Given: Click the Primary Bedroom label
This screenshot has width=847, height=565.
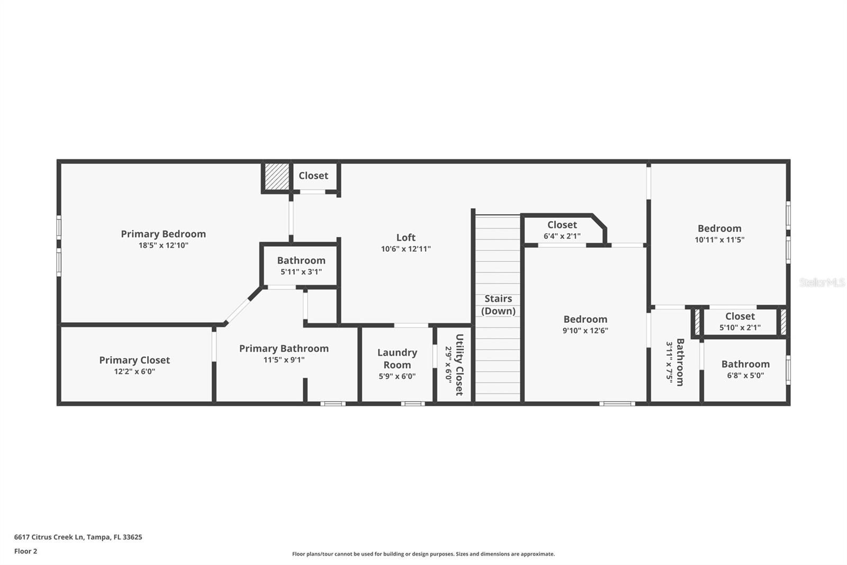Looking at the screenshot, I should click(x=163, y=234).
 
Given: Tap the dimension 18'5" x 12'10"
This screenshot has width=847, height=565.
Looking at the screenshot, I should click(x=163, y=245).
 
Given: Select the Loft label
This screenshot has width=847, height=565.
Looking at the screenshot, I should click(x=406, y=237).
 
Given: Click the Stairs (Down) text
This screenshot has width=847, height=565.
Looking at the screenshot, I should click(x=498, y=305).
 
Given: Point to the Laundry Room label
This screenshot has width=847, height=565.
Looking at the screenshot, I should click(x=397, y=358).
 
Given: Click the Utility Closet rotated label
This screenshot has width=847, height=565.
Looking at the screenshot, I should click(x=459, y=365).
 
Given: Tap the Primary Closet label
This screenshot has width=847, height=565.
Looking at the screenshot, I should click(x=134, y=360).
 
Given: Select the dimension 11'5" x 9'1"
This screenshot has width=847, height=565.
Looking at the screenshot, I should click(x=284, y=360).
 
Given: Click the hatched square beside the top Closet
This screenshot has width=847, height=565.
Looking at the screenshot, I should click(x=276, y=176).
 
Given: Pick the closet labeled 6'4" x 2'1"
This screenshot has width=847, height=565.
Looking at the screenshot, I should click(x=562, y=230).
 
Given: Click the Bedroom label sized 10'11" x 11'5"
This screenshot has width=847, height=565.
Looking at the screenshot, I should click(x=719, y=228).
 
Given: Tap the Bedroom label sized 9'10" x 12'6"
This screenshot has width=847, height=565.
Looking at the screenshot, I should click(x=585, y=319).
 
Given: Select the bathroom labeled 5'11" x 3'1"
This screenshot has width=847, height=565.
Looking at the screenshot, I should click(x=301, y=266).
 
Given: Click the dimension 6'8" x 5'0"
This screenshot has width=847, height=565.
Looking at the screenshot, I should click(x=745, y=376).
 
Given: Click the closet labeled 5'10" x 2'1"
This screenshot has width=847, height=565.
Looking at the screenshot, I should click(x=740, y=321).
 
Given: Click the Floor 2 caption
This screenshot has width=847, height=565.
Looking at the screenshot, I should click(x=25, y=551).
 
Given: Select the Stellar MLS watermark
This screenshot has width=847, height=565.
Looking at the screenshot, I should click(x=822, y=282).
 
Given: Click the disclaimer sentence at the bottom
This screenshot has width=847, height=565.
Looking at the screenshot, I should click(x=424, y=554).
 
